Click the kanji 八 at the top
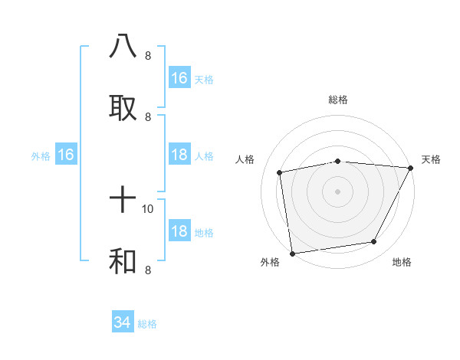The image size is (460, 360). pyautogui.click(x=123, y=45)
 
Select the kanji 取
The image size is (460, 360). pyautogui.click(x=123, y=106)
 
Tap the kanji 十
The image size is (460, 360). pyautogui.click(x=123, y=201)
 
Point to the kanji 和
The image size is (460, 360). pyautogui.click(x=123, y=261)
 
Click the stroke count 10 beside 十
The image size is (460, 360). pyautogui.click(x=148, y=208)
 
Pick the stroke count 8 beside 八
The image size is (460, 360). pyautogui.click(x=148, y=55)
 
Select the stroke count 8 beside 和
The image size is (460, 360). pyautogui.click(x=148, y=270)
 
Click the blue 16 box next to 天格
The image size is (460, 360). pyautogui.click(x=179, y=78)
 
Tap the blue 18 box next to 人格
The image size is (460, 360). pyautogui.click(x=179, y=155)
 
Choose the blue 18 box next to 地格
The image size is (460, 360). pyautogui.click(x=179, y=232)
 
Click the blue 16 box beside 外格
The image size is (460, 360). pyautogui.click(x=66, y=155)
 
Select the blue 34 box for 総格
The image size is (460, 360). pyautogui.click(x=123, y=322)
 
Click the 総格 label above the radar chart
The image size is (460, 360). pyautogui.click(x=338, y=100)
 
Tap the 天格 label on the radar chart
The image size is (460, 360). pyautogui.click(x=431, y=159)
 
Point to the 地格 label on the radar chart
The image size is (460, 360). pyautogui.click(x=402, y=263)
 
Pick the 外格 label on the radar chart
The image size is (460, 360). pyautogui.click(x=270, y=263)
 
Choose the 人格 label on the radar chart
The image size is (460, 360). pyautogui.click(x=245, y=159)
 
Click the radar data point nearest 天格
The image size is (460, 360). pyautogui.click(x=411, y=168)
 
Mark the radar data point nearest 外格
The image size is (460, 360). pyautogui.click(x=292, y=253)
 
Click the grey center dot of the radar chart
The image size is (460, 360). pyautogui.click(x=338, y=191)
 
